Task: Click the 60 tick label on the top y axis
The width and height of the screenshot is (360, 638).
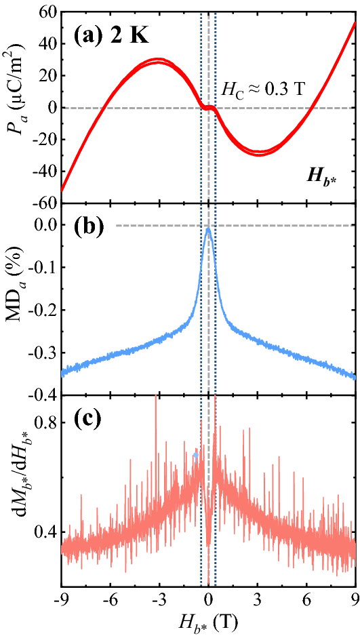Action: (x=46, y=12)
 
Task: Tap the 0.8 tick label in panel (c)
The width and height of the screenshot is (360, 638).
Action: (x=43, y=422)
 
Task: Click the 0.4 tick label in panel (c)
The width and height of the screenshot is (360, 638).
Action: (x=43, y=532)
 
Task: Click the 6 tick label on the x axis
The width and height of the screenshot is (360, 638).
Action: (x=306, y=599)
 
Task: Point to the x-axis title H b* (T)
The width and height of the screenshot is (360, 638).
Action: (x=208, y=622)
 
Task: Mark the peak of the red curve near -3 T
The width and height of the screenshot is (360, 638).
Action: (x=157, y=61)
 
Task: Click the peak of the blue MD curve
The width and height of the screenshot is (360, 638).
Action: (x=208, y=229)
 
